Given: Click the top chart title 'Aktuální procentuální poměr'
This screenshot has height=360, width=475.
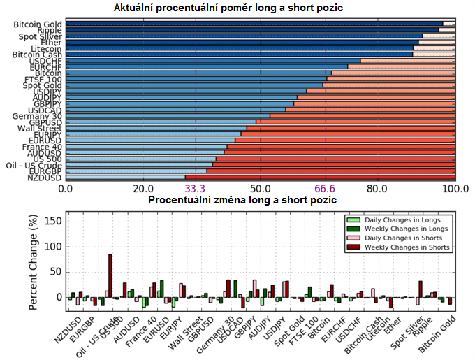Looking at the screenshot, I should pos(233,8).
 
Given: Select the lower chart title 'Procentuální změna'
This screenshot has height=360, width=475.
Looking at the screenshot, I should pos(242,200).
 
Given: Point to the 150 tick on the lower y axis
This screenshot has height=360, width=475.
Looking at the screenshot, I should pos(54,222).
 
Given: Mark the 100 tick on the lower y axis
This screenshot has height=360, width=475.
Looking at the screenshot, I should pos(54,247).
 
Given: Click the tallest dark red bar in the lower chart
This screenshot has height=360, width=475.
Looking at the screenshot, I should pos(110,275).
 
